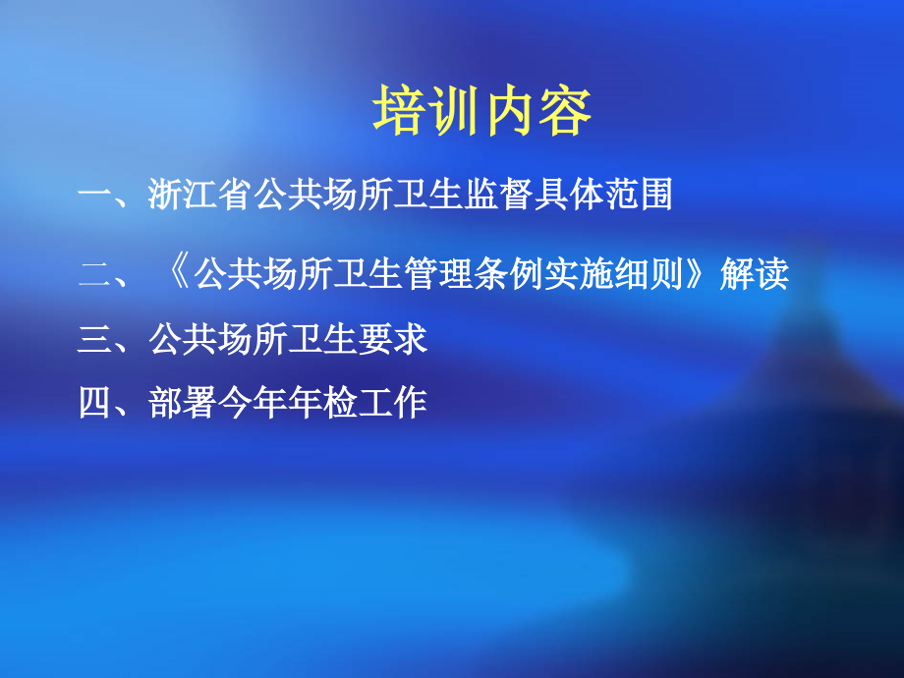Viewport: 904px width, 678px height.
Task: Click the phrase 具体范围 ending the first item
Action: coord(601,195)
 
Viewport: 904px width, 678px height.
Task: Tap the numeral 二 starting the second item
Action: coord(94,274)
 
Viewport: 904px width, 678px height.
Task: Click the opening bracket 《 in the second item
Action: coord(177,274)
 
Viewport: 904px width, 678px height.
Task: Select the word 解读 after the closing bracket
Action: coord(755,274)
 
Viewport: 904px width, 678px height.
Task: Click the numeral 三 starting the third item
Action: coord(94,339)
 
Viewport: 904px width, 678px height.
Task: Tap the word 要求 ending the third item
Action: coord(392,339)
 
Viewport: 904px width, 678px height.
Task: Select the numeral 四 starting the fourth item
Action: coord(94,402)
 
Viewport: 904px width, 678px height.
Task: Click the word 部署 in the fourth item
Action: coord(183,402)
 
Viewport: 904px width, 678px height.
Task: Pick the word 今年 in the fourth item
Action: coord(253,402)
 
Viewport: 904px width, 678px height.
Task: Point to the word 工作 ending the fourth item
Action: coord(392,402)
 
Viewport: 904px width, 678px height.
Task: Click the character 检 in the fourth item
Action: coord(340,402)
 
